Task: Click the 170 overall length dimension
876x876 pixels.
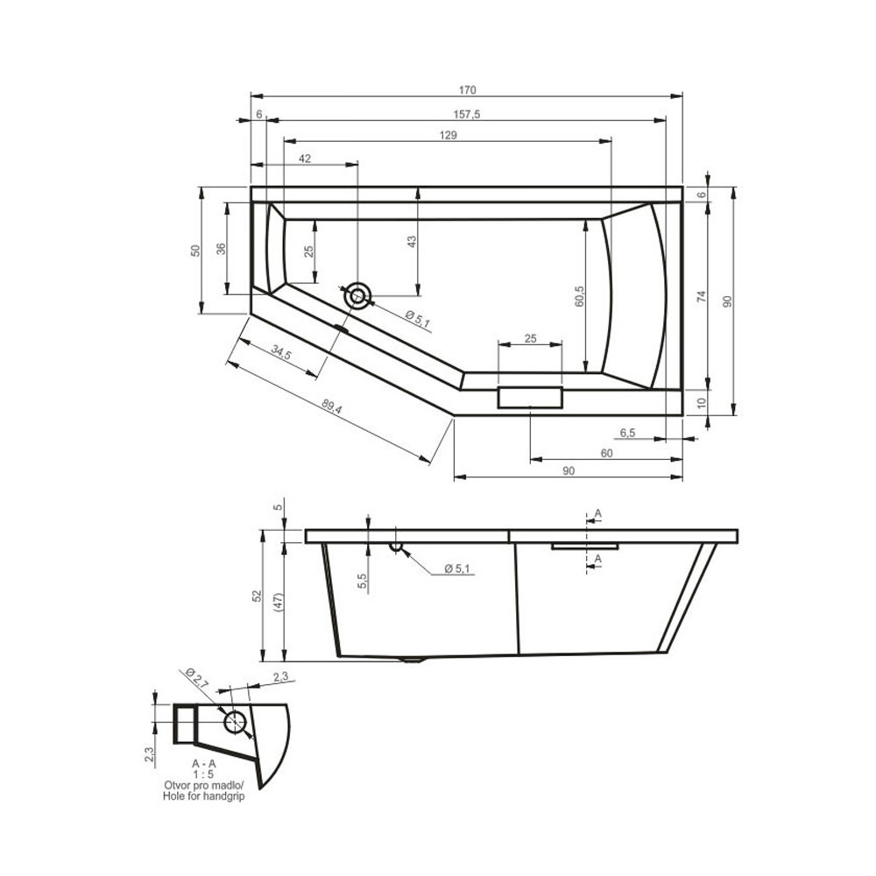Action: click(468, 90)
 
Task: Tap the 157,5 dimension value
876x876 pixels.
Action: click(467, 115)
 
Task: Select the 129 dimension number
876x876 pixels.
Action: click(448, 135)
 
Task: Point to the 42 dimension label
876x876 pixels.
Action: click(305, 159)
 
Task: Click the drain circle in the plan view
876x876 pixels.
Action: click(357, 295)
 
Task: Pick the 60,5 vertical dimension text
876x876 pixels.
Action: click(579, 296)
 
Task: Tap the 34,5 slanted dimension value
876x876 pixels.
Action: click(281, 352)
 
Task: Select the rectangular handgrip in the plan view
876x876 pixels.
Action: click(530, 397)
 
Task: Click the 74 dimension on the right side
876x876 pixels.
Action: click(702, 296)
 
